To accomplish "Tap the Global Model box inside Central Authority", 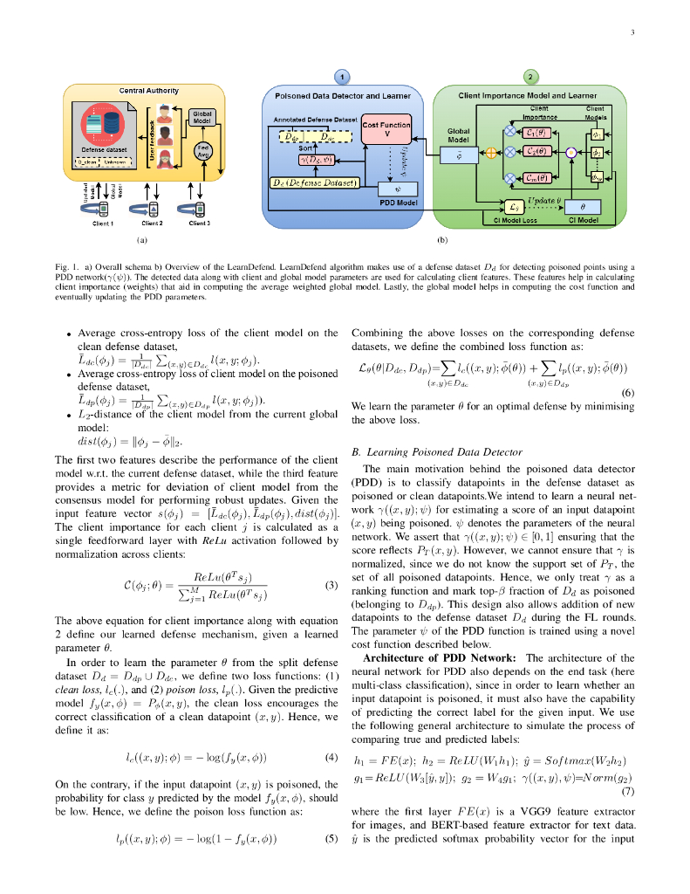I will tap(202, 118).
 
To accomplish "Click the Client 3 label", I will tap(199, 223).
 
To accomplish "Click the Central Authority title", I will tap(148, 90).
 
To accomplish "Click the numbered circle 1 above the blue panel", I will tap(344, 77).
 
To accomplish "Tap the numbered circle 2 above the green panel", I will tap(531, 77).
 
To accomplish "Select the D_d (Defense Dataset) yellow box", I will tap(314, 182).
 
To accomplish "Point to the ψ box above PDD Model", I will tap(397, 187).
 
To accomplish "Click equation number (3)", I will tap(331, 586).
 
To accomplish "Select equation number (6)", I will tap(628, 393).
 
